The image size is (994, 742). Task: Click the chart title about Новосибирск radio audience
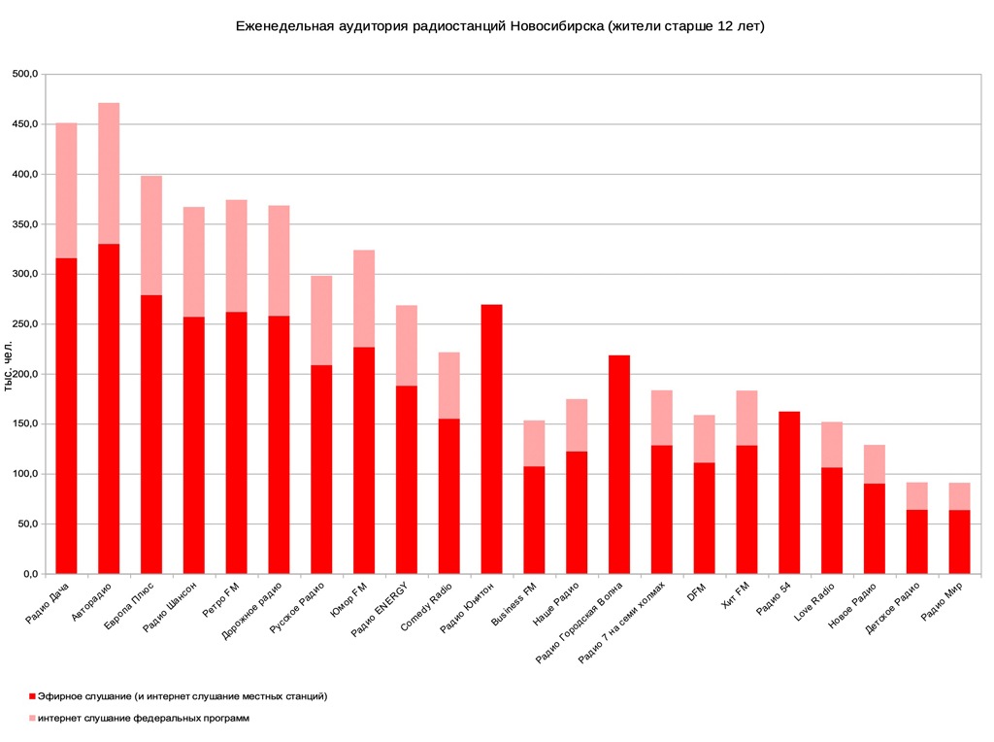[500, 26]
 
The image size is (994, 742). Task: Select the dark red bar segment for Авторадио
[109, 408]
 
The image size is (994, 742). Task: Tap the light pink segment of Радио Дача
[66, 190]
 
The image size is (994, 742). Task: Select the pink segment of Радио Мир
[959, 496]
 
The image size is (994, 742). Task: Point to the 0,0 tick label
[30, 574]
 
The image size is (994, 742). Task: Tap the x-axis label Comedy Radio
[427, 608]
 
